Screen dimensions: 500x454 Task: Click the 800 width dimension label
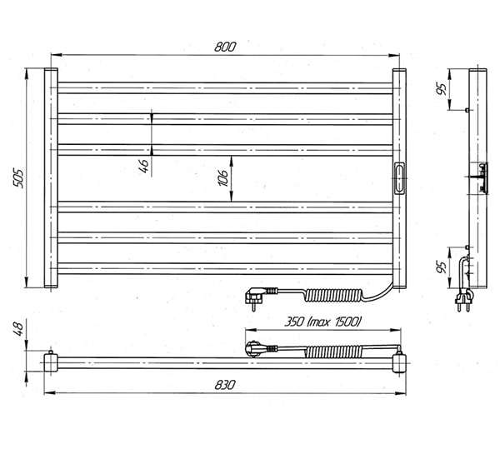coord(225,47)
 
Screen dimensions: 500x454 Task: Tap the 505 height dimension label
coord(17,178)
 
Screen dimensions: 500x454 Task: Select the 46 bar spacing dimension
coord(144,166)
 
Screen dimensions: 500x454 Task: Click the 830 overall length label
coord(225,385)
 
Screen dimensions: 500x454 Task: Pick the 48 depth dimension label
coord(17,329)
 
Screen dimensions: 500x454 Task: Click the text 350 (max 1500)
coord(322,322)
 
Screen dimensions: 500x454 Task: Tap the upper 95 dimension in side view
coord(442,89)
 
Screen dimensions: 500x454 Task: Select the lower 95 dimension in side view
coord(442,267)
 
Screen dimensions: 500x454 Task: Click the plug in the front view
coord(257,297)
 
